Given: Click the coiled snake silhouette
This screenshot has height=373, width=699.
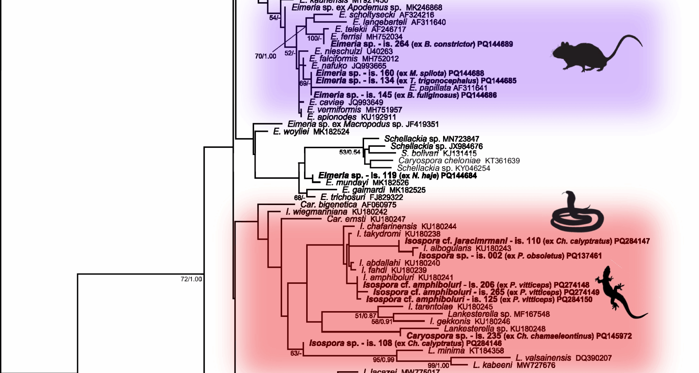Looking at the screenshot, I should click(x=576, y=213).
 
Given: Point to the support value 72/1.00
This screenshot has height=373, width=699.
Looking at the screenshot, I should click(x=191, y=279).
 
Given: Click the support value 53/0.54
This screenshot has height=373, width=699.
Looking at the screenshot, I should click(x=350, y=152).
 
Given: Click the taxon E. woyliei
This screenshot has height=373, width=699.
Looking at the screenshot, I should click(x=291, y=132).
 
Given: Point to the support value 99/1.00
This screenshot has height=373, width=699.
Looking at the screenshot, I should click(x=438, y=366).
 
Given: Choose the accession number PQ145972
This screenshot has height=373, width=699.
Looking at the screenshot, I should click(x=614, y=336).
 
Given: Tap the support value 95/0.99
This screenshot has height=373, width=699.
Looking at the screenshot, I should click(x=383, y=360).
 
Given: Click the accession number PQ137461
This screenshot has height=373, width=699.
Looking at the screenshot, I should click(x=584, y=256).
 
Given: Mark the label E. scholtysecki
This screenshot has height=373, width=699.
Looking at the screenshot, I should click(x=367, y=15).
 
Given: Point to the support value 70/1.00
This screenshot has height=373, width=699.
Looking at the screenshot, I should click(x=265, y=56).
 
